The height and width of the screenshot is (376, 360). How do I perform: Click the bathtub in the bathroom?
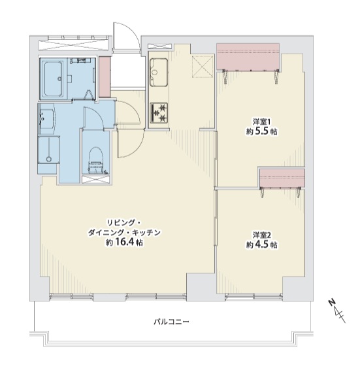(x=53, y=78)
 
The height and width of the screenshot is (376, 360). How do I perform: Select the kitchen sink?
(x=159, y=72)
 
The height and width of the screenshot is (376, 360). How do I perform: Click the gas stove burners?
(x=159, y=113)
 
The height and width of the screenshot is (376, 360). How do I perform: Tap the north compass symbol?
(x=337, y=311)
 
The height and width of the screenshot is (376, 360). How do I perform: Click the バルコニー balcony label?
(x=171, y=321)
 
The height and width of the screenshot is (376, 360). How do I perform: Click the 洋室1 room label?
(x=261, y=122)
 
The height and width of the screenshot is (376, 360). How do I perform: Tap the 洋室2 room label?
(x=261, y=235)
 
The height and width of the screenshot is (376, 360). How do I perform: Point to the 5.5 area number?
(x=261, y=131)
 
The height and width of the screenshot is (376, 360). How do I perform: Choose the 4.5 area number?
(x=261, y=245)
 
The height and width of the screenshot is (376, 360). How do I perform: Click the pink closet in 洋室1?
(x=248, y=57)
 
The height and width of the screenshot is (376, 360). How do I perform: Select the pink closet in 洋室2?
(x=282, y=178)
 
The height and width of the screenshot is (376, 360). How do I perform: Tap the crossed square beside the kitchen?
(x=203, y=66)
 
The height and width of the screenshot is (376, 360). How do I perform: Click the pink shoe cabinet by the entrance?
(x=105, y=77)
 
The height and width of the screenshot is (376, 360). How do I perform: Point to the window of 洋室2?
(x=254, y=297)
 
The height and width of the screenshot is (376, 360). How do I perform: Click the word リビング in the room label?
(x=120, y=223)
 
